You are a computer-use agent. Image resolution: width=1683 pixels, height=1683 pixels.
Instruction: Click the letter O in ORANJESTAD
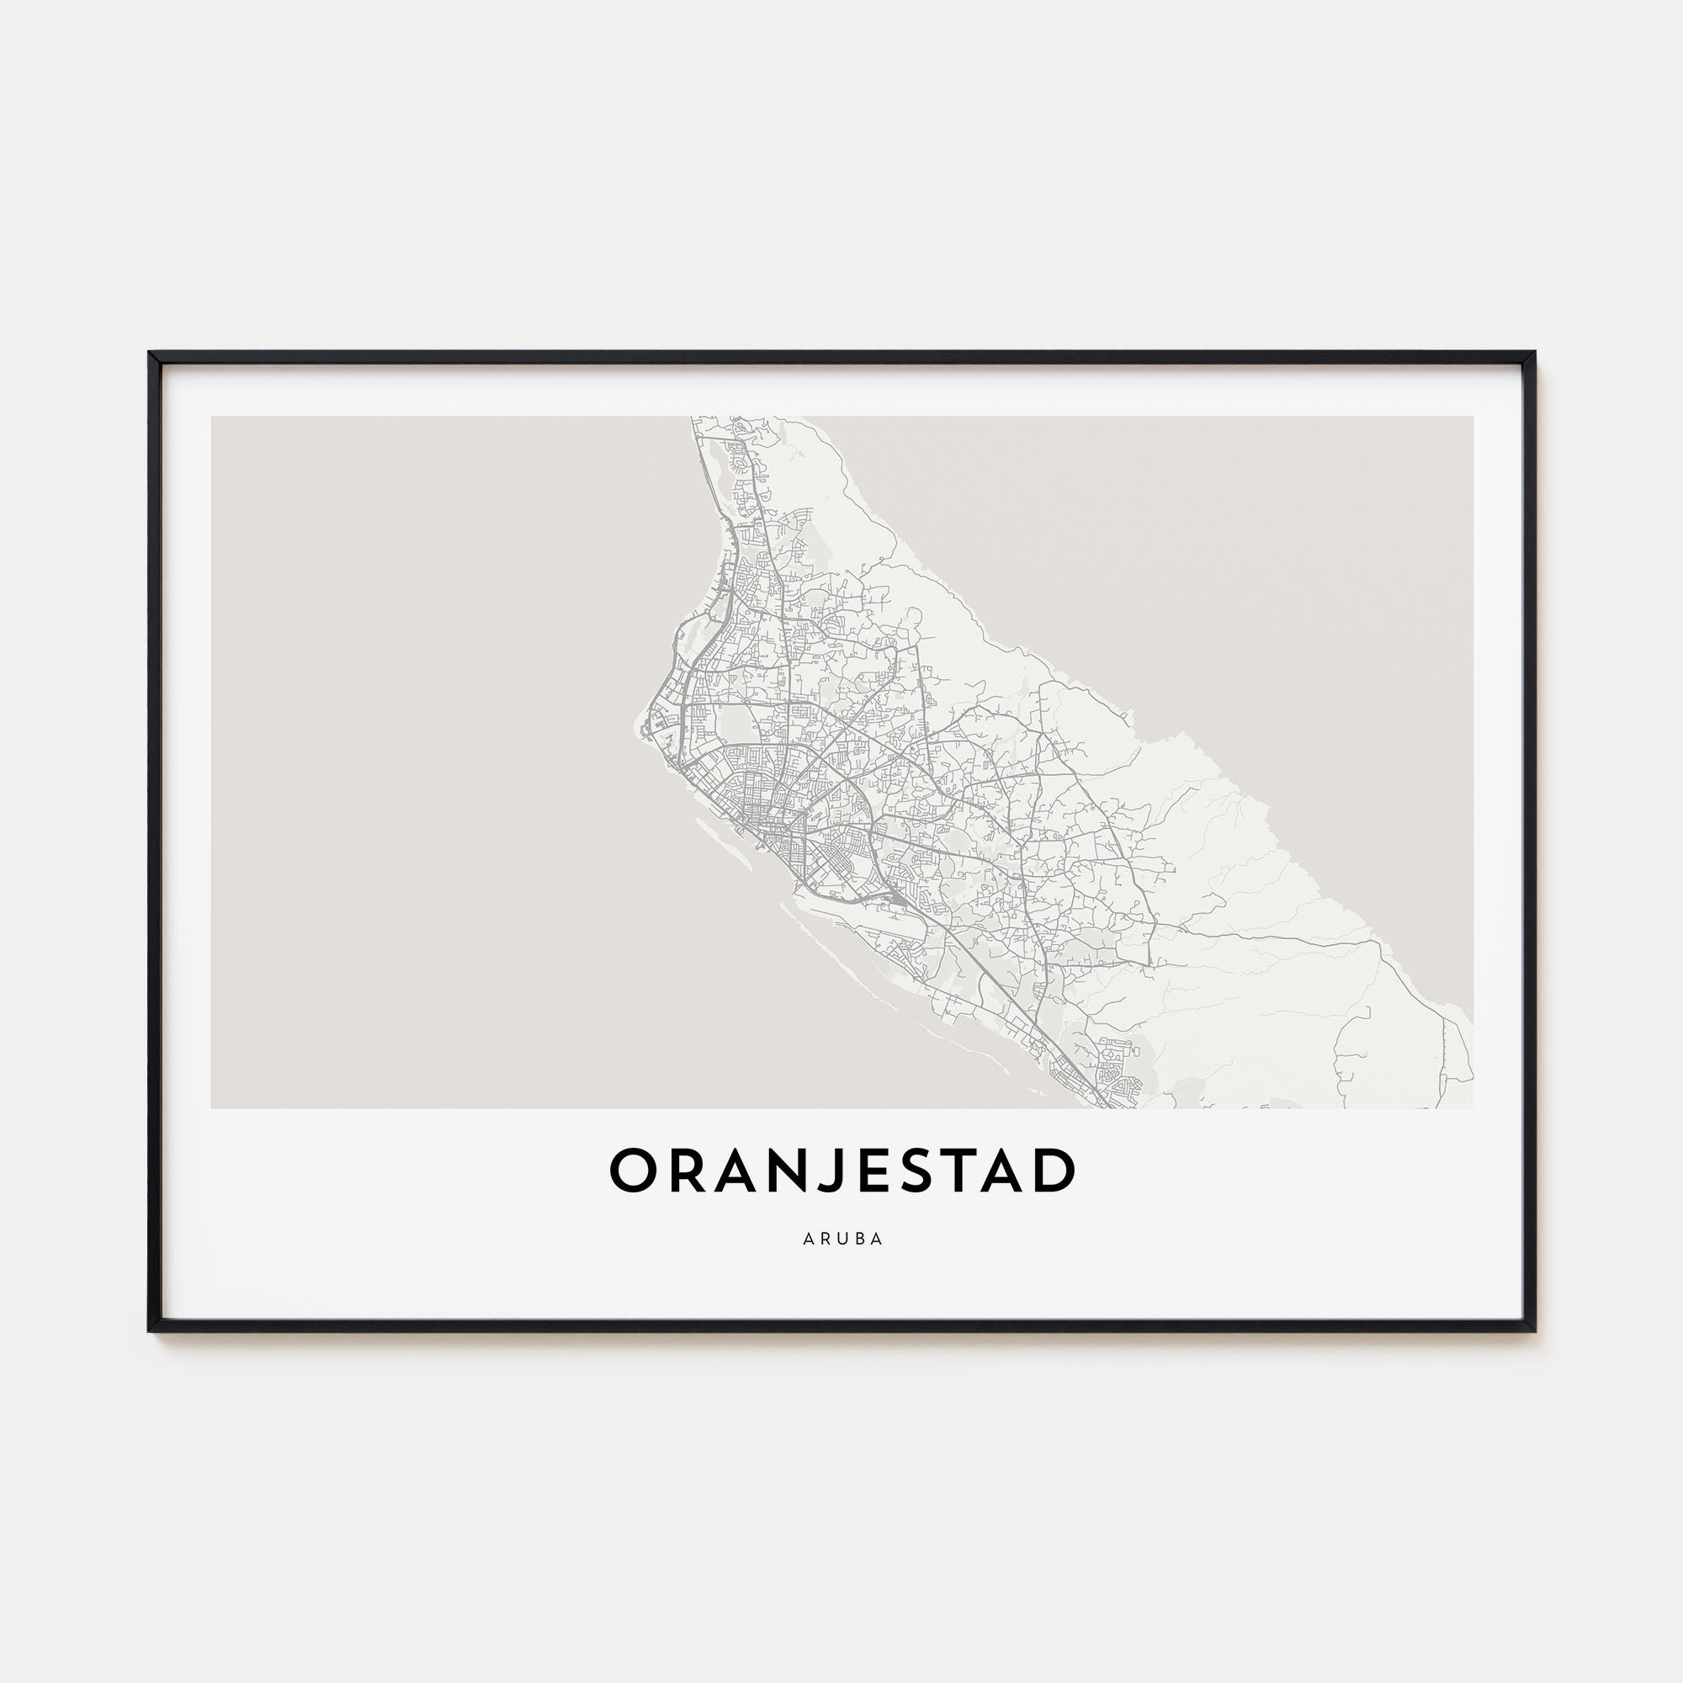tap(634, 1171)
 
